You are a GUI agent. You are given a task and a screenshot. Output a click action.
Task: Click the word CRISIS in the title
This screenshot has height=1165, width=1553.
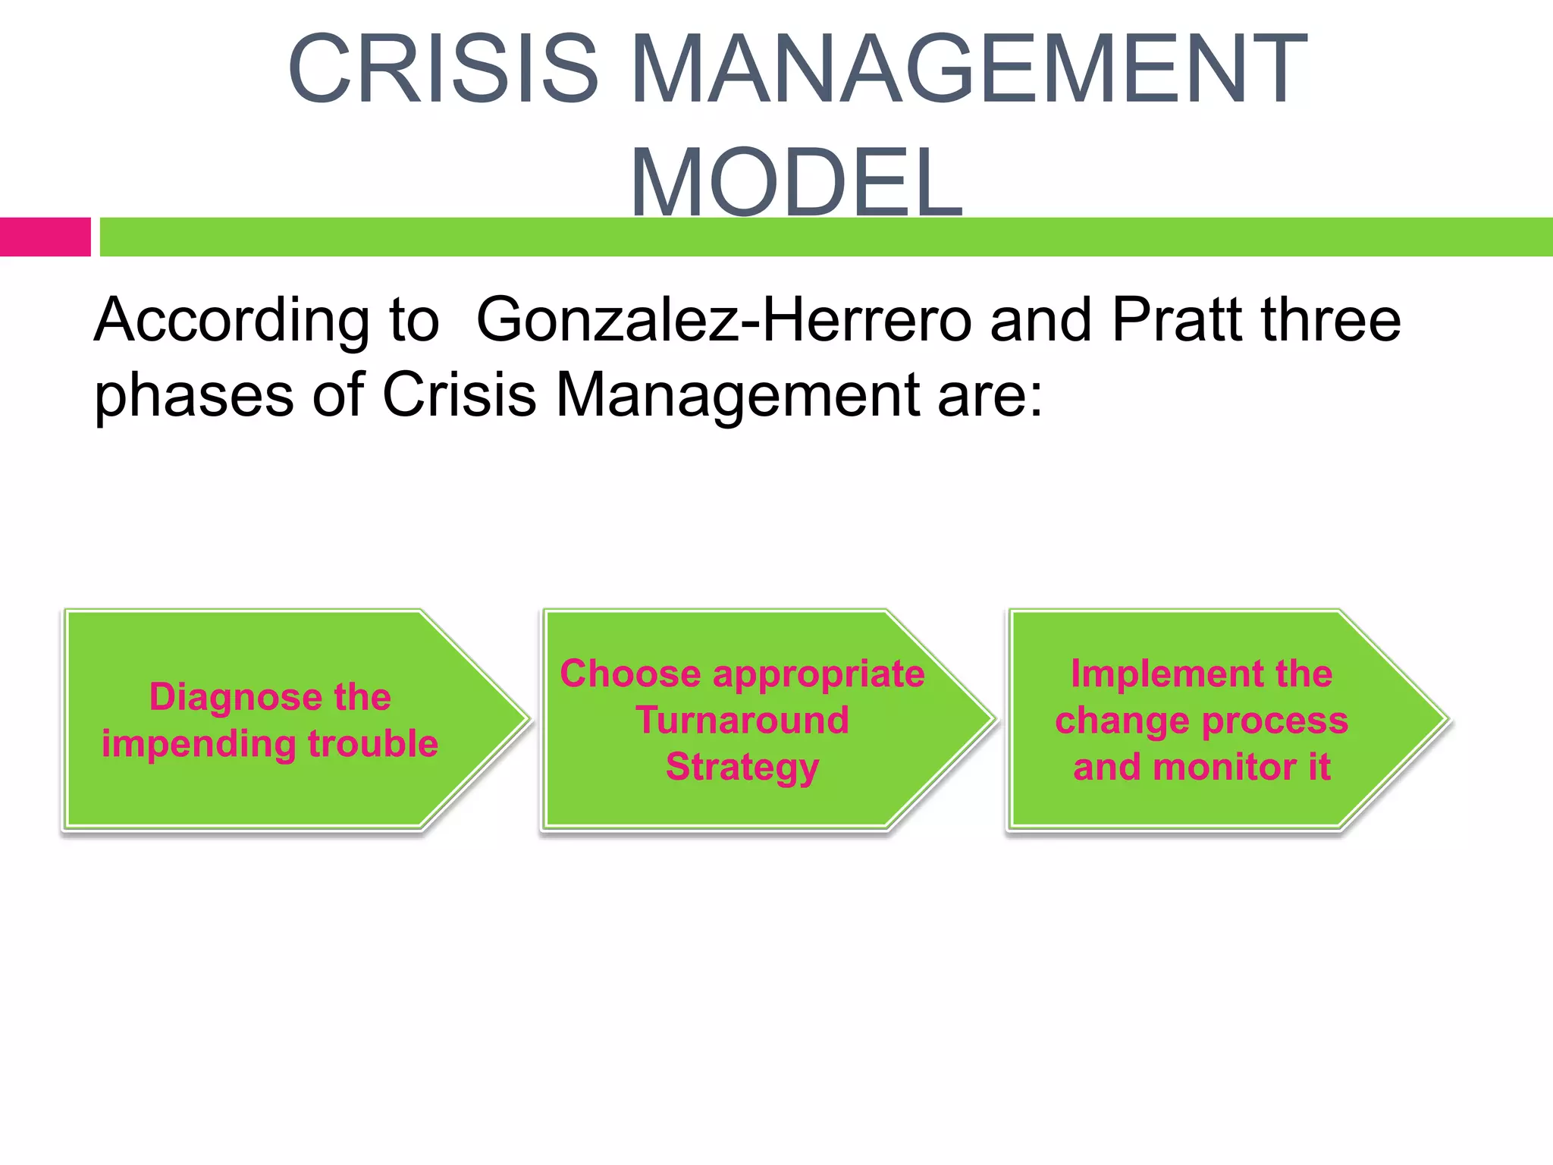point(444,70)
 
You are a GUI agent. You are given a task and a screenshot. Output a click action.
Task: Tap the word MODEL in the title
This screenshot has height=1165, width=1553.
point(796,182)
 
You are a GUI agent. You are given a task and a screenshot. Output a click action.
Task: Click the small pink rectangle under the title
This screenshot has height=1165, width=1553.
point(45,237)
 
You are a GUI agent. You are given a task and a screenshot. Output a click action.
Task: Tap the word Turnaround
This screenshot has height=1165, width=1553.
point(742,720)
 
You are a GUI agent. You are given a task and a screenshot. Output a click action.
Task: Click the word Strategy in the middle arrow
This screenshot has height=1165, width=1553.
point(742,768)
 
